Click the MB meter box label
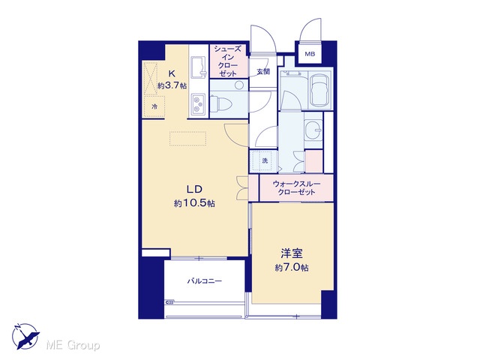[x=310, y=54]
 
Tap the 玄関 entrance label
[x=263, y=72]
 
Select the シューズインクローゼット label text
[x=228, y=61]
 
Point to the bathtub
[x=320, y=90]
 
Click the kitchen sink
[x=198, y=67]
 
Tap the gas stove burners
[x=198, y=104]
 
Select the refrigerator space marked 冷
[x=154, y=106]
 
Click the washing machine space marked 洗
[x=264, y=160]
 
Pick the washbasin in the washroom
[x=313, y=130]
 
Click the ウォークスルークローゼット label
[x=296, y=188]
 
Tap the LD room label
[x=195, y=189]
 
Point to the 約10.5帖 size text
[x=194, y=203]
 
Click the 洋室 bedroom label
[x=292, y=253]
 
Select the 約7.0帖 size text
[x=292, y=268]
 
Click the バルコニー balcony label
[x=205, y=281]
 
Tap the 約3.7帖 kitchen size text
[x=172, y=85]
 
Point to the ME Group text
[x=73, y=345]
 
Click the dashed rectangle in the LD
[x=188, y=139]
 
